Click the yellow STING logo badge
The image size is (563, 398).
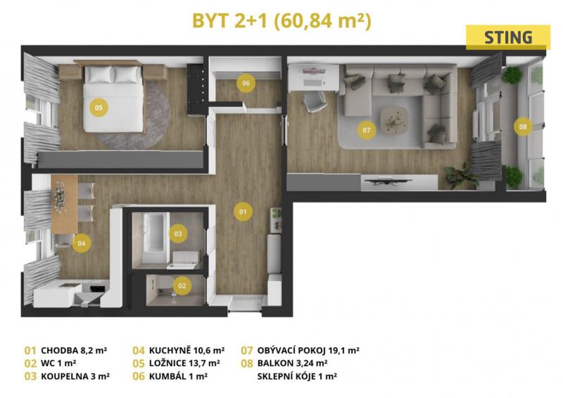pyautogui.click(x=507, y=37)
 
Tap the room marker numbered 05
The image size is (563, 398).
pyautogui.click(x=99, y=107)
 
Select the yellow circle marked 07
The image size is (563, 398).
pyautogui.click(x=367, y=130)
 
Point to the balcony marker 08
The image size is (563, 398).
pyautogui.click(x=523, y=126)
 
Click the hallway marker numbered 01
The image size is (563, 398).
pyautogui.click(x=243, y=211)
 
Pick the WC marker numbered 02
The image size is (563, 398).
pyautogui.click(x=182, y=286)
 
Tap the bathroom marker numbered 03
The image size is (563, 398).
pyautogui.click(x=178, y=234)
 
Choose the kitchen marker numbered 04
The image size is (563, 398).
pyautogui.click(x=82, y=243)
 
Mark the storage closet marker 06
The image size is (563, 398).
pyautogui.click(x=246, y=83)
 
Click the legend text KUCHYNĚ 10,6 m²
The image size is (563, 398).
pyautogui.click(x=186, y=350)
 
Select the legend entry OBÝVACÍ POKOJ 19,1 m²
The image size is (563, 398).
pyautogui.click(x=308, y=350)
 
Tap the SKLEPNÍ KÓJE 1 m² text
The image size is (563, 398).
pyautogui.click(x=297, y=376)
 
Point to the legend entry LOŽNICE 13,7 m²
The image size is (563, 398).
pyautogui.click(x=184, y=363)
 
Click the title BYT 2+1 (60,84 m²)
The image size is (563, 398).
pyautogui.click(x=282, y=21)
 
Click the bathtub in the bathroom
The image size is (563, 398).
pyautogui.click(x=155, y=237)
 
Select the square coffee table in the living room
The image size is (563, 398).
pyautogui.click(x=395, y=120)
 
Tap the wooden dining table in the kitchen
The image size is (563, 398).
pyautogui.click(x=65, y=204)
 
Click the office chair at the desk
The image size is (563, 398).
pyautogui.click(x=315, y=101)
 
